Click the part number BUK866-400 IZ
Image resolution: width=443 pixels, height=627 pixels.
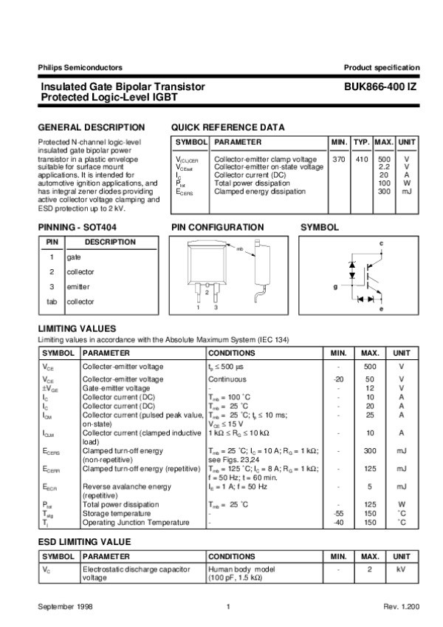[381, 87]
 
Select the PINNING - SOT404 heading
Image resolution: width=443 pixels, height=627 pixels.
[77, 228]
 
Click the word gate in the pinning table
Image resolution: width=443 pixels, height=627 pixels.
[73, 257]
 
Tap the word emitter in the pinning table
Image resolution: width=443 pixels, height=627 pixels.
[78, 287]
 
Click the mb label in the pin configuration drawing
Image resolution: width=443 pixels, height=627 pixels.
[239, 249]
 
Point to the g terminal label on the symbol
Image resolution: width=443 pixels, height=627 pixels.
[334, 286]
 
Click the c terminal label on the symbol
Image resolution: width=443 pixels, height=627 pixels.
[381, 243]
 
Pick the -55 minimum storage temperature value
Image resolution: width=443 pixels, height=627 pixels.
[337, 513]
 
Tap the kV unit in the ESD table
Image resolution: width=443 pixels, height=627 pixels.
[401, 570]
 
